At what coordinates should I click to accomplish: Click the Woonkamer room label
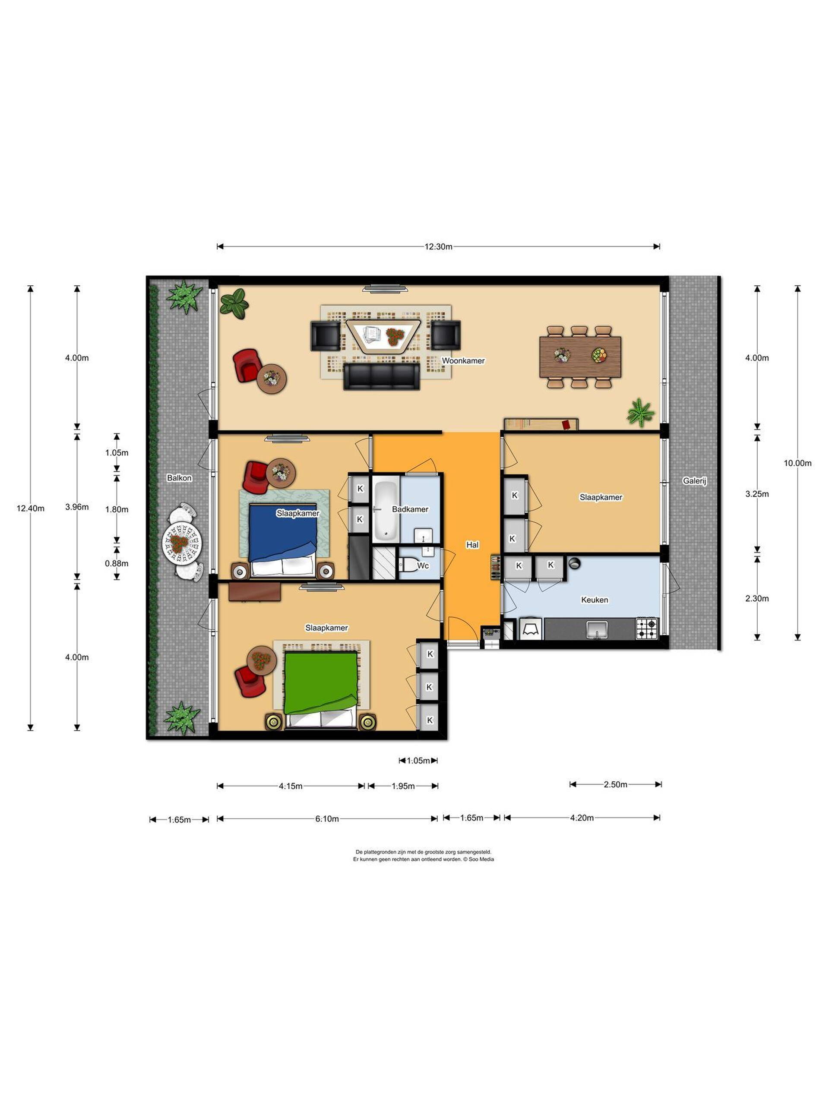click(463, 361)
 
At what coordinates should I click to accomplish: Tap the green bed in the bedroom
click(321, 689)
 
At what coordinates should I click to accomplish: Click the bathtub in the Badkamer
click(385, 509)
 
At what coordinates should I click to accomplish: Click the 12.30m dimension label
click(438, 247)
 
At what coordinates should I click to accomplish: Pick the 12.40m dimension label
click(31, 508)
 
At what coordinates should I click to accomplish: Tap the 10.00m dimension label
click(797, 463)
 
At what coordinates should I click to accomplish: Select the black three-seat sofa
click(381, 376)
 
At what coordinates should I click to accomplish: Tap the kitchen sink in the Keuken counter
click(597, 629)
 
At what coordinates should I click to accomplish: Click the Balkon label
click(179, 478)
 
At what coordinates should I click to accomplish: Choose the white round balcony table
click(182, 543)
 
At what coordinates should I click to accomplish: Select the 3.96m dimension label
click(77, 507)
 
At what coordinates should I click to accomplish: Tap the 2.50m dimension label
click(615, 784)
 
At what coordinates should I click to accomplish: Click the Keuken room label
click(594, 600)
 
